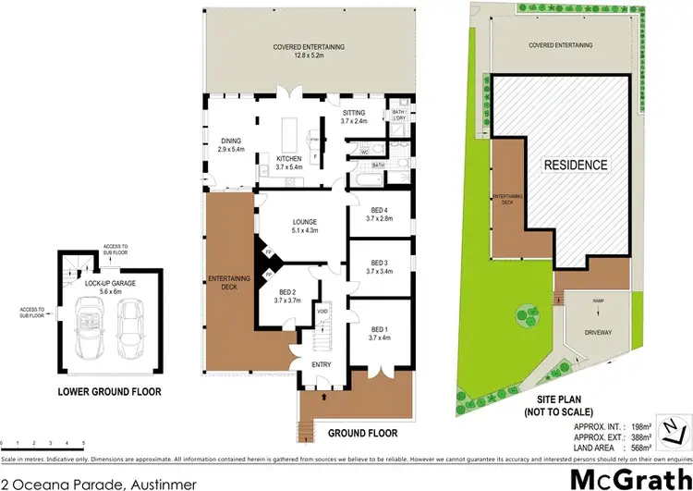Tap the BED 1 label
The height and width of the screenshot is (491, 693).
point(381,329)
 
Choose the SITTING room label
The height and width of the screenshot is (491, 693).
point(354,112)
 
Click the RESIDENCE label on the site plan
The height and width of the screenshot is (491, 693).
point(575,166)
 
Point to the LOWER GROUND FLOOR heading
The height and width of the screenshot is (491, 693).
point(109,391)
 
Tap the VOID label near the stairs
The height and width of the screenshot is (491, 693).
point(322,311)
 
